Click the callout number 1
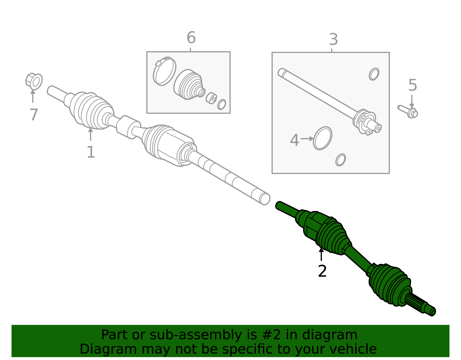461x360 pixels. click(x=91, y=152)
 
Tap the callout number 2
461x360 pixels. click(x=322, y=271)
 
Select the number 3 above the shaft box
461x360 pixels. click(x=333, y=39)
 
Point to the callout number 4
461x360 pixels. click(x=294, y=140)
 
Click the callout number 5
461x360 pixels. click(x=413, y=85)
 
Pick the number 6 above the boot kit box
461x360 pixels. click(x=191, y=38)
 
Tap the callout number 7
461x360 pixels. click(x=34, y=115)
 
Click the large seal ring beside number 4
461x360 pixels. click(x=323, y=138)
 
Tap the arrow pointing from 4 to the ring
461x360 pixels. click(x=307, y=139)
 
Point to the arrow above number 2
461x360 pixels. click(x=321, y=255)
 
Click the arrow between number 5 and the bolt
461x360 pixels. click(x=412, y=101)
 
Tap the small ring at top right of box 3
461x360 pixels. click(x=374, y=74)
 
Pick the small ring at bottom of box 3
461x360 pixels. click(x=341, y=160)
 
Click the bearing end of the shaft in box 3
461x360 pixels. click(x=366, y=121)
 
